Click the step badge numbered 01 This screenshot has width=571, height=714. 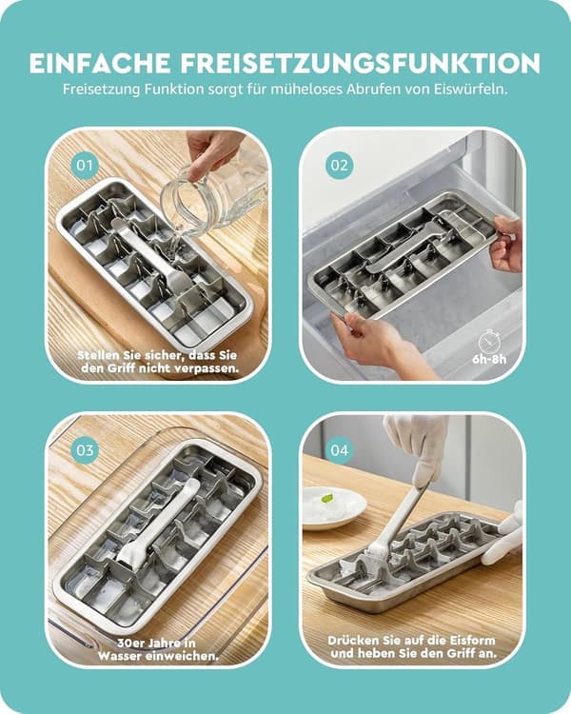(x=85, y=166)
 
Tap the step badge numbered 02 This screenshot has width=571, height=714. (x=339, y=166)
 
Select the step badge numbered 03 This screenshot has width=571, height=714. (x=85, y=450)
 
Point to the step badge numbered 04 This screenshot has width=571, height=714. (x=339, y=450)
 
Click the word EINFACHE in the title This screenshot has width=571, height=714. (x=101, y=63)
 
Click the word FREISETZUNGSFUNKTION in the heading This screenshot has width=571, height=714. (x=361, y=63)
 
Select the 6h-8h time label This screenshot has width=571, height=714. (x=489, y=359)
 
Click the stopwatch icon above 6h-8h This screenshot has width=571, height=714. (x=489, y=342)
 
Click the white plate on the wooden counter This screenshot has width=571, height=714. (x=334, y=507)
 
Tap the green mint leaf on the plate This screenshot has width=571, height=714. (x=326, y=498)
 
